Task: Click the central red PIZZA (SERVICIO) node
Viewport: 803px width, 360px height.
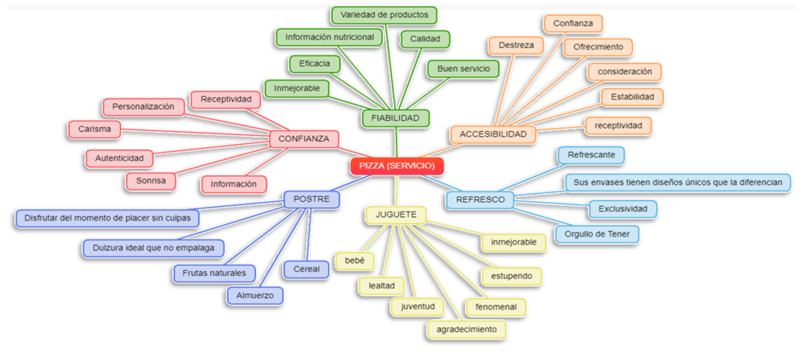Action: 397,166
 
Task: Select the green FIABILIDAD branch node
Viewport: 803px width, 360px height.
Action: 395,118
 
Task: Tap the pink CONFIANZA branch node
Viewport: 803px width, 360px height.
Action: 304,139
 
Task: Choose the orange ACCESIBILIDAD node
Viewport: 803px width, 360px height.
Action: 493,134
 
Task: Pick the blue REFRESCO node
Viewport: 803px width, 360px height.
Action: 480,199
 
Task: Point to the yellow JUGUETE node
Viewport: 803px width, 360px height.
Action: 396,214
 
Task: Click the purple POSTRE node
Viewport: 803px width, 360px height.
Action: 312,199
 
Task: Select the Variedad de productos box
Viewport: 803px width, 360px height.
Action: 384,15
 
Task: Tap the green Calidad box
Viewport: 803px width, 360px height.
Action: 425,39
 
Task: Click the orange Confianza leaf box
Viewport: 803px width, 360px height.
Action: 573,23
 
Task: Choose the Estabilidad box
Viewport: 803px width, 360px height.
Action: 632,97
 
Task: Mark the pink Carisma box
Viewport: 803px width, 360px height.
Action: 94,129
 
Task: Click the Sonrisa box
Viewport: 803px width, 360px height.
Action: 151,180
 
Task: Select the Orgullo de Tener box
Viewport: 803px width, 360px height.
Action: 597,234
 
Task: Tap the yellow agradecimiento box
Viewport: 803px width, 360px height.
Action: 467,329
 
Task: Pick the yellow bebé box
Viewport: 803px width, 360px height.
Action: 355,260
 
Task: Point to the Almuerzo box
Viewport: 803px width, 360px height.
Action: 255,296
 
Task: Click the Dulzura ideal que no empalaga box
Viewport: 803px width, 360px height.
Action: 153,248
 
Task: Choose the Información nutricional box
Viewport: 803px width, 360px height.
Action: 329,37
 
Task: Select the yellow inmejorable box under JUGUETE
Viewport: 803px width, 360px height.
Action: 514,242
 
